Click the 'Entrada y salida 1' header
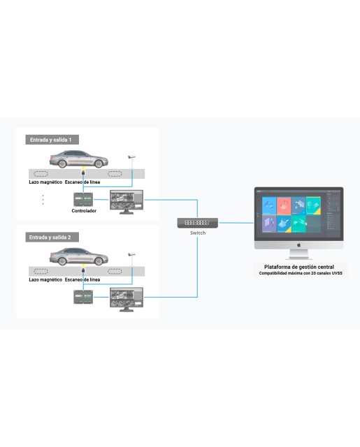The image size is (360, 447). [x=52, y=140]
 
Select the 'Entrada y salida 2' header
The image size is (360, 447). [x=52, y=237]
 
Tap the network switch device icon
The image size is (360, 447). [x=198, y=223]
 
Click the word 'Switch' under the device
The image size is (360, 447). [x=198, y=233]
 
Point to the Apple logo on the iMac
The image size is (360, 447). [x=299, y=244]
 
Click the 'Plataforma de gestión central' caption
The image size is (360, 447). [x=299, y=267]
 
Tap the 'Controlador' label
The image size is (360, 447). [x=84, y=211]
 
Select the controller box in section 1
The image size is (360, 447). [x=83, y=199]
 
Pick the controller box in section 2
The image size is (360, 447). [x=83, y=297]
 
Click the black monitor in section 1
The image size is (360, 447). [x=127, y=202]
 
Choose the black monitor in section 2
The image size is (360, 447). [x=127, y=300]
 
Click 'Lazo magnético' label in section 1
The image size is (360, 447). [x=45, y=182]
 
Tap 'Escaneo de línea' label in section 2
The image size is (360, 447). [x=82, y=279]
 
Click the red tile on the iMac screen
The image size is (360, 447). [x=284, y=206]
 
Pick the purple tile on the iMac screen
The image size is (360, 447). [x=269, y=223]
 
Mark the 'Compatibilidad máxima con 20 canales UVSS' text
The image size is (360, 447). [x=301, y=273]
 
